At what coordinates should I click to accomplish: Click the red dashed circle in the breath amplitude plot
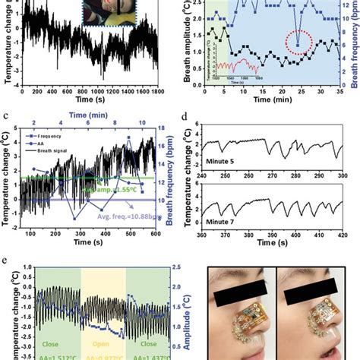[x=297, y=43]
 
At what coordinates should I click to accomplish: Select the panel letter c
[x=5, y=116]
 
